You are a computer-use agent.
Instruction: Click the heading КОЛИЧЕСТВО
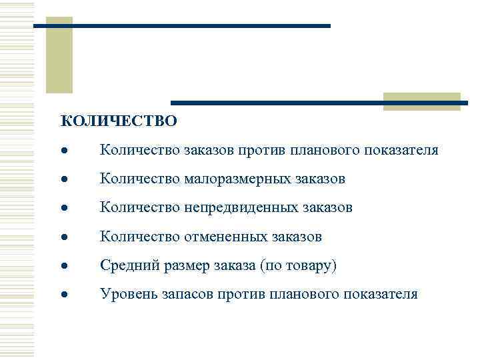(x=119, y=121)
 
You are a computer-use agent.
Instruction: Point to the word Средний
(x=128, y=265)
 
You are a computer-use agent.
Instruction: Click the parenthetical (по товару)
(x=300, y=265)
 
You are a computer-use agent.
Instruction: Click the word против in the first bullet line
(x=263, y=150)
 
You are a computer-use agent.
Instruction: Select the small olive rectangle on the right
(x=421, y=100)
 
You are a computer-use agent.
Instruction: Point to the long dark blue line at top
(x=181, y=25)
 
